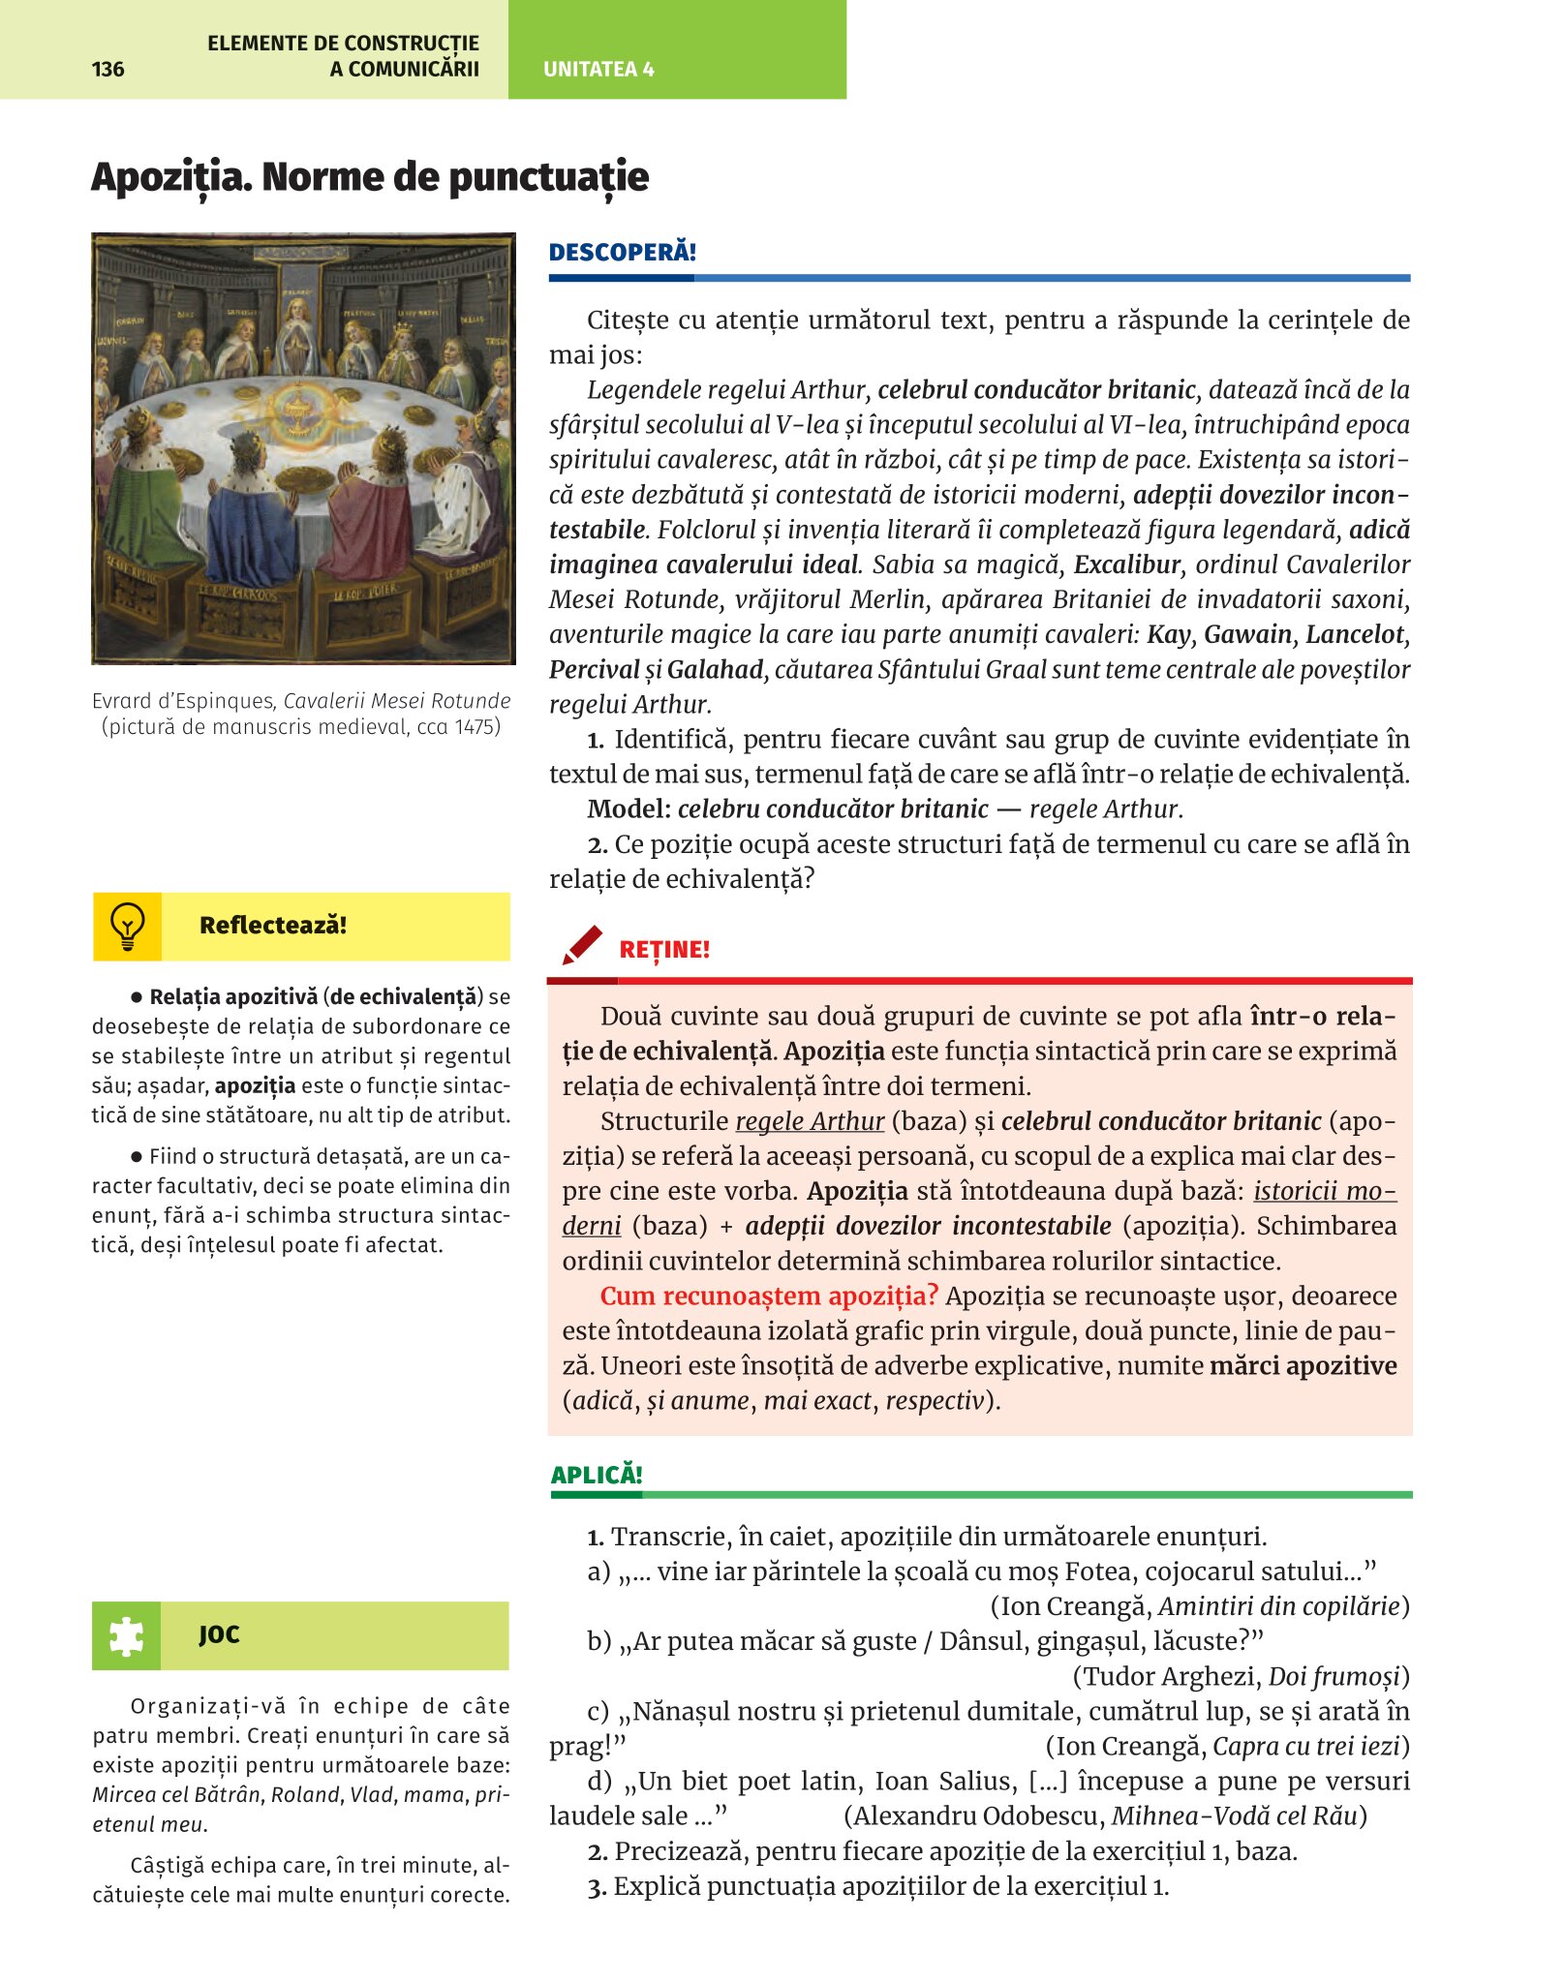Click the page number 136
tap(107, 69)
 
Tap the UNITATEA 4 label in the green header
tap(598, 69)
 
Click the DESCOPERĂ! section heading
tap(622, 253)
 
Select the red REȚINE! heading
tap(664, 950)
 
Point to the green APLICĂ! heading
tap(597, 1475)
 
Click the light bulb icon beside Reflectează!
tap(128, 927)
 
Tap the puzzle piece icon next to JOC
tap(127, 1636)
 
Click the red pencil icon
tap(582, 946)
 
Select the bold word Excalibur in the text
tap(1128, 564)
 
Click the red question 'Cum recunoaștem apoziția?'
tap(769, 1296)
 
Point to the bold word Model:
tap(629, 808)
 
